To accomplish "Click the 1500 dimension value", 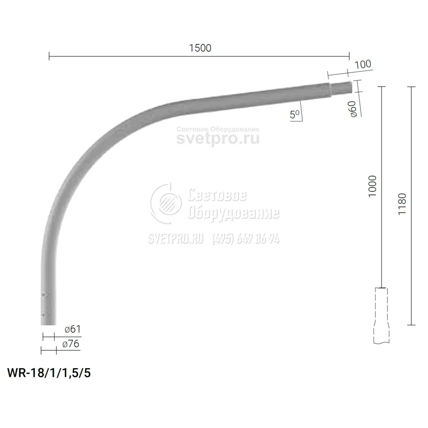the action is tap(200, 48).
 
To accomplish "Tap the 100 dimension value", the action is tap(363, 64).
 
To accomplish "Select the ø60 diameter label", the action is tap(353, 109).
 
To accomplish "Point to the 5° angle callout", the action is tap(295, 114).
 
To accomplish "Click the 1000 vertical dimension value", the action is tap(372, 186).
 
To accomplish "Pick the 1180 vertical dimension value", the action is tap(402, 204).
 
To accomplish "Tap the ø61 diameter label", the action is tap(73, 329).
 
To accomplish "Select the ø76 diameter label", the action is tap(71, 343).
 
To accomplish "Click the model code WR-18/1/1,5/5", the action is tap(49, 372).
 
